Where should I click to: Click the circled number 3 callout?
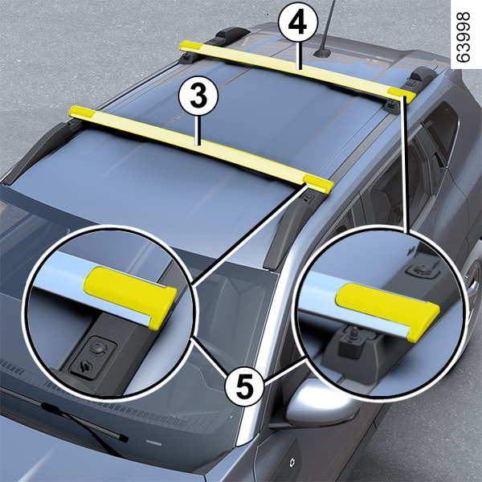198,96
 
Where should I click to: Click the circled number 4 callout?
297,22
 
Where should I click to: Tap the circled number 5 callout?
244,386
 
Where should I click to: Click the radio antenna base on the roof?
322,54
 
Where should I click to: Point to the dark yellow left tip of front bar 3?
80,112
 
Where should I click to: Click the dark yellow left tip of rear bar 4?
190,46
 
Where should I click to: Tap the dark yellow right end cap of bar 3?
318,183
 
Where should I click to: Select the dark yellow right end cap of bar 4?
402,95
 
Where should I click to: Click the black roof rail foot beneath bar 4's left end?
187,58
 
